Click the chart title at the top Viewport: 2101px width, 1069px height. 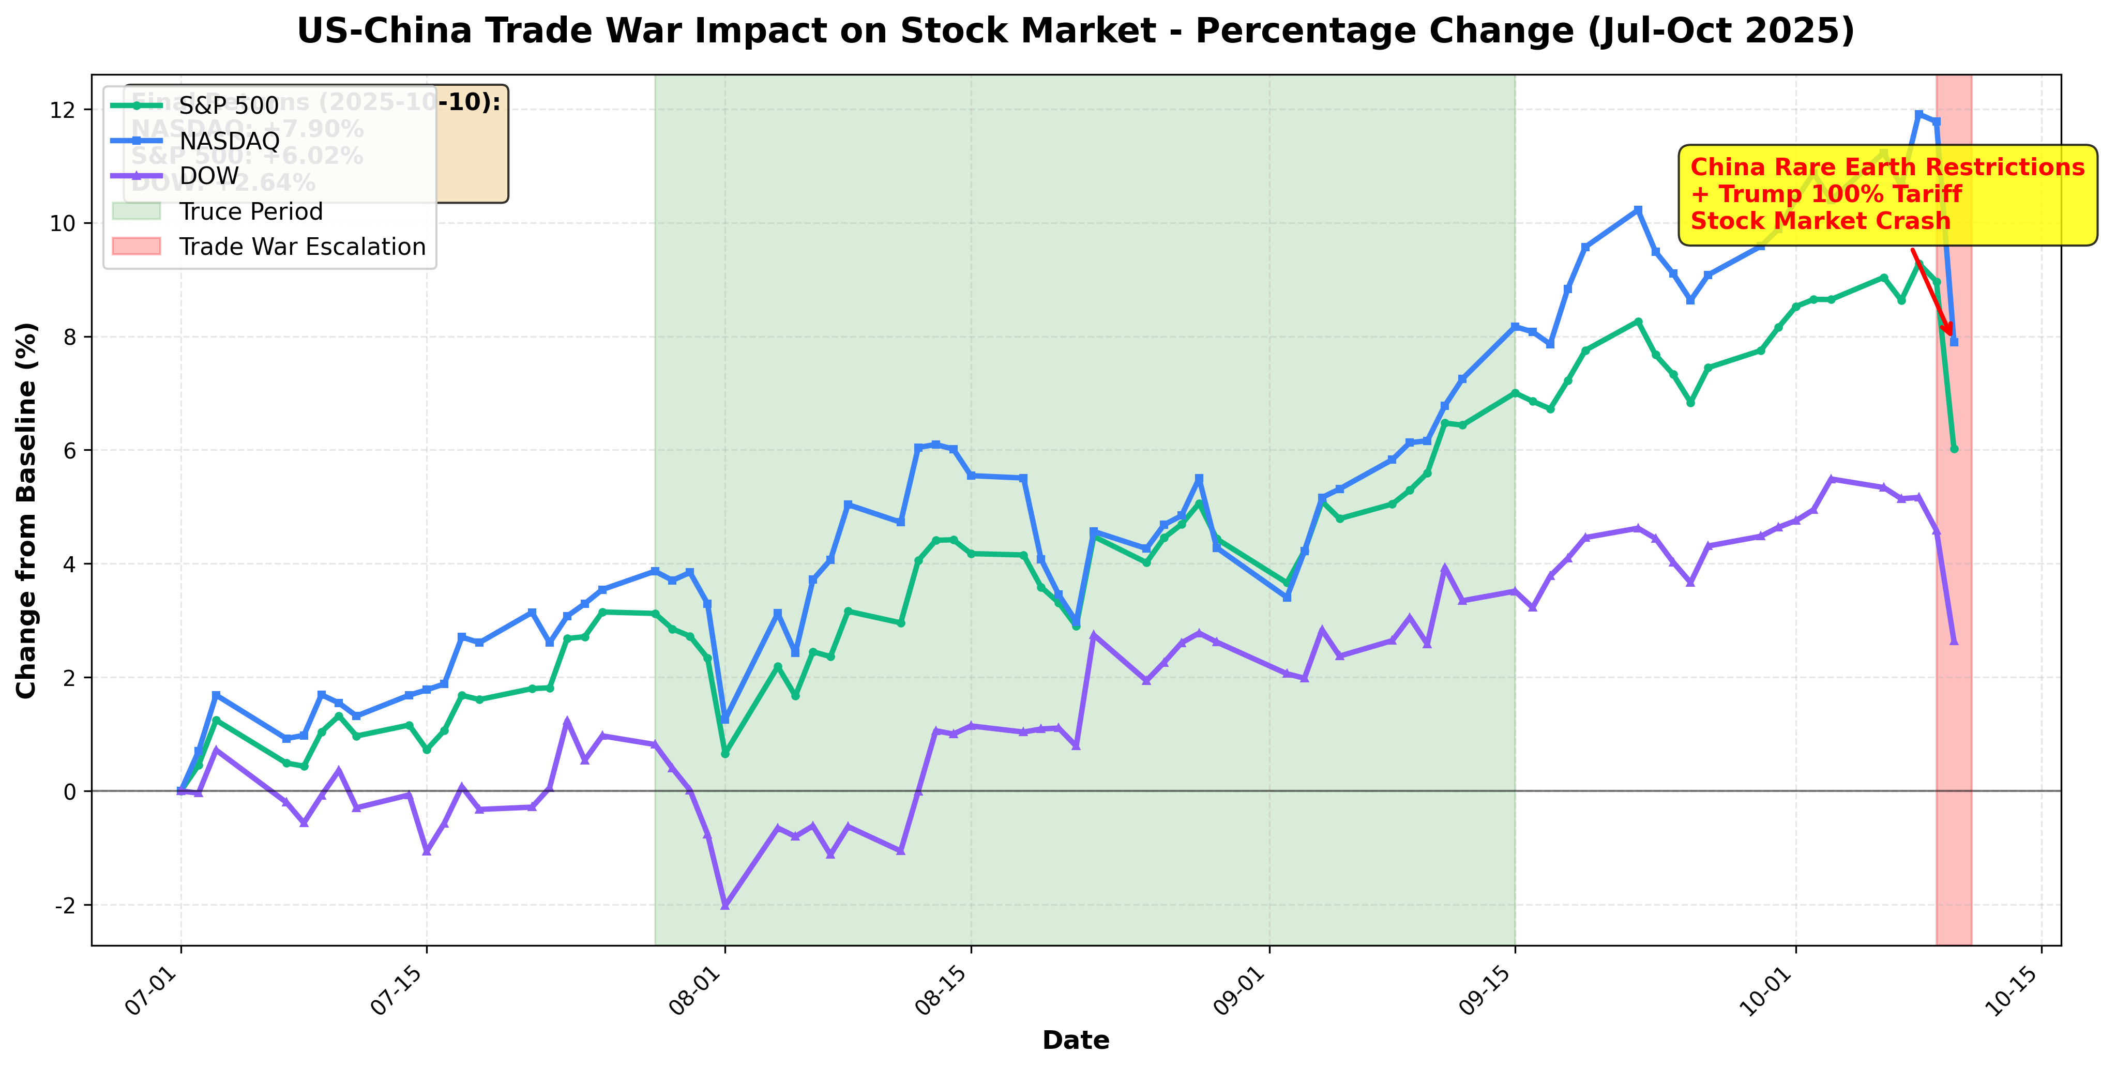point(1075,31)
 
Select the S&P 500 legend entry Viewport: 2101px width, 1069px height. point(229,105)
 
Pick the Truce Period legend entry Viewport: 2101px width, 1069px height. point(250,211)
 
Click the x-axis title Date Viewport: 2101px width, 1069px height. point(1075,1041)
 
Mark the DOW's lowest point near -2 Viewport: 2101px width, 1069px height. point(725,904)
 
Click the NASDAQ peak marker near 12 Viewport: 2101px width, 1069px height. point(1918,114)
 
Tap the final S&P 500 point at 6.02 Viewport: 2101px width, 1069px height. point(1954,449)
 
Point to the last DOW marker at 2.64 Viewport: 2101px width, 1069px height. point(1954,641)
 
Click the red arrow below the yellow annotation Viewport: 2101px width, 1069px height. point(1931,291)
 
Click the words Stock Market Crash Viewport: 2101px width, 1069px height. point(1820,221)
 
